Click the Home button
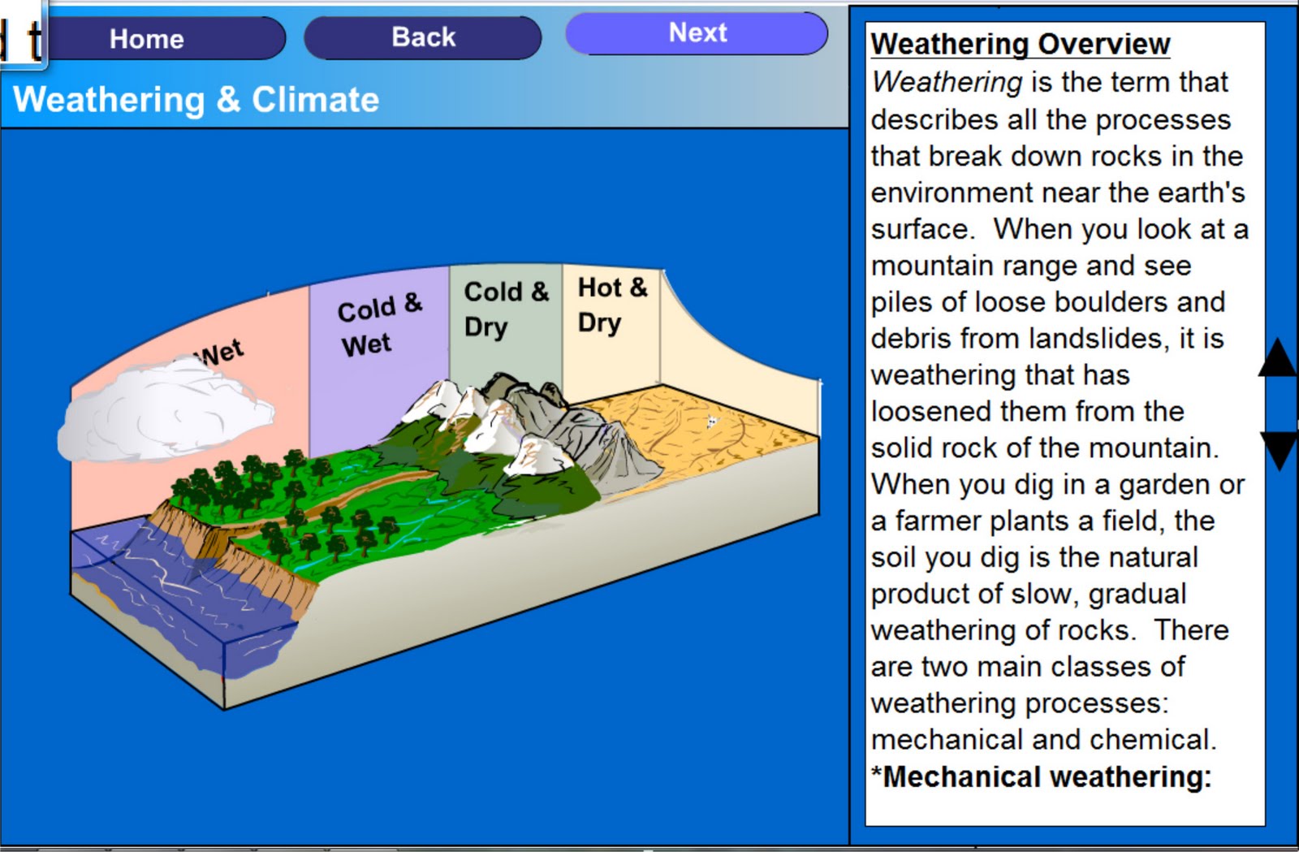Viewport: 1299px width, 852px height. click(147, 39)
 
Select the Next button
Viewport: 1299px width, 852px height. click(697, 33)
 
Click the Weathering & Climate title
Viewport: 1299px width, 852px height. click(196, 100)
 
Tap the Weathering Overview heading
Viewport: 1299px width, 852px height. click(1020, 44)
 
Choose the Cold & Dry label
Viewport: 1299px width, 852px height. click(505, 309)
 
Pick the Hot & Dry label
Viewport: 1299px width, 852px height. click(611, 305)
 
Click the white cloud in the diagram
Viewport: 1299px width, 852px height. click(162, 414)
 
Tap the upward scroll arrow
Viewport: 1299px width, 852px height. click(1279, 359)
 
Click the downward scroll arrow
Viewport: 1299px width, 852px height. click(1280, 449)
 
